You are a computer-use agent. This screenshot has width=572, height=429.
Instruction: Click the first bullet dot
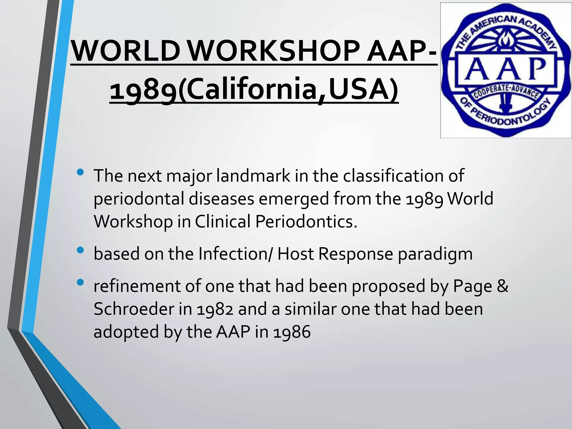[80, 172]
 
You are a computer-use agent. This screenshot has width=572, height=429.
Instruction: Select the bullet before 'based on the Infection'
[80, 250]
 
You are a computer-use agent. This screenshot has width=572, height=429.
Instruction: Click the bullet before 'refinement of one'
[80, 283]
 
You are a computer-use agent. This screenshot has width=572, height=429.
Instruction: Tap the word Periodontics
[306, 221]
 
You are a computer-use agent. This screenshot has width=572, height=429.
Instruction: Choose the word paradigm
[435, 254]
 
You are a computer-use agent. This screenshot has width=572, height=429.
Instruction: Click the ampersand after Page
[503, 286]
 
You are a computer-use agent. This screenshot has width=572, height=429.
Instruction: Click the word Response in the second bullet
[355, 254]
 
